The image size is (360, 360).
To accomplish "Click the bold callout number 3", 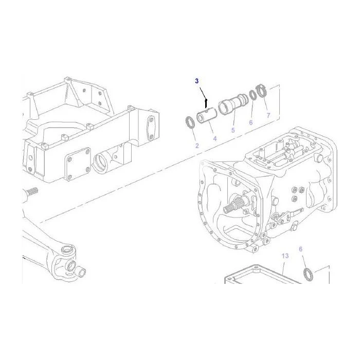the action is click(x=197, y=81).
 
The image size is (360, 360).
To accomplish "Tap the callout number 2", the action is click(x=197, y=146).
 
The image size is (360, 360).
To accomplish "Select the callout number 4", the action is click(x=215, y=139).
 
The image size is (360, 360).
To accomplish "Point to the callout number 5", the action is click(x=233, y=130).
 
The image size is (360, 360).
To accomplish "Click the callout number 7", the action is click(x=268, y=115).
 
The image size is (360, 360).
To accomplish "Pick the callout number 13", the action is click(x=285, y=256).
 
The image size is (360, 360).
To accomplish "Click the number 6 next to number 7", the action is click(x=251, y=122).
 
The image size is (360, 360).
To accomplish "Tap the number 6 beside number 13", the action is click(x=300, y=249).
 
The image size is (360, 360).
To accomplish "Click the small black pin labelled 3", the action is click(x=206, y=103).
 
